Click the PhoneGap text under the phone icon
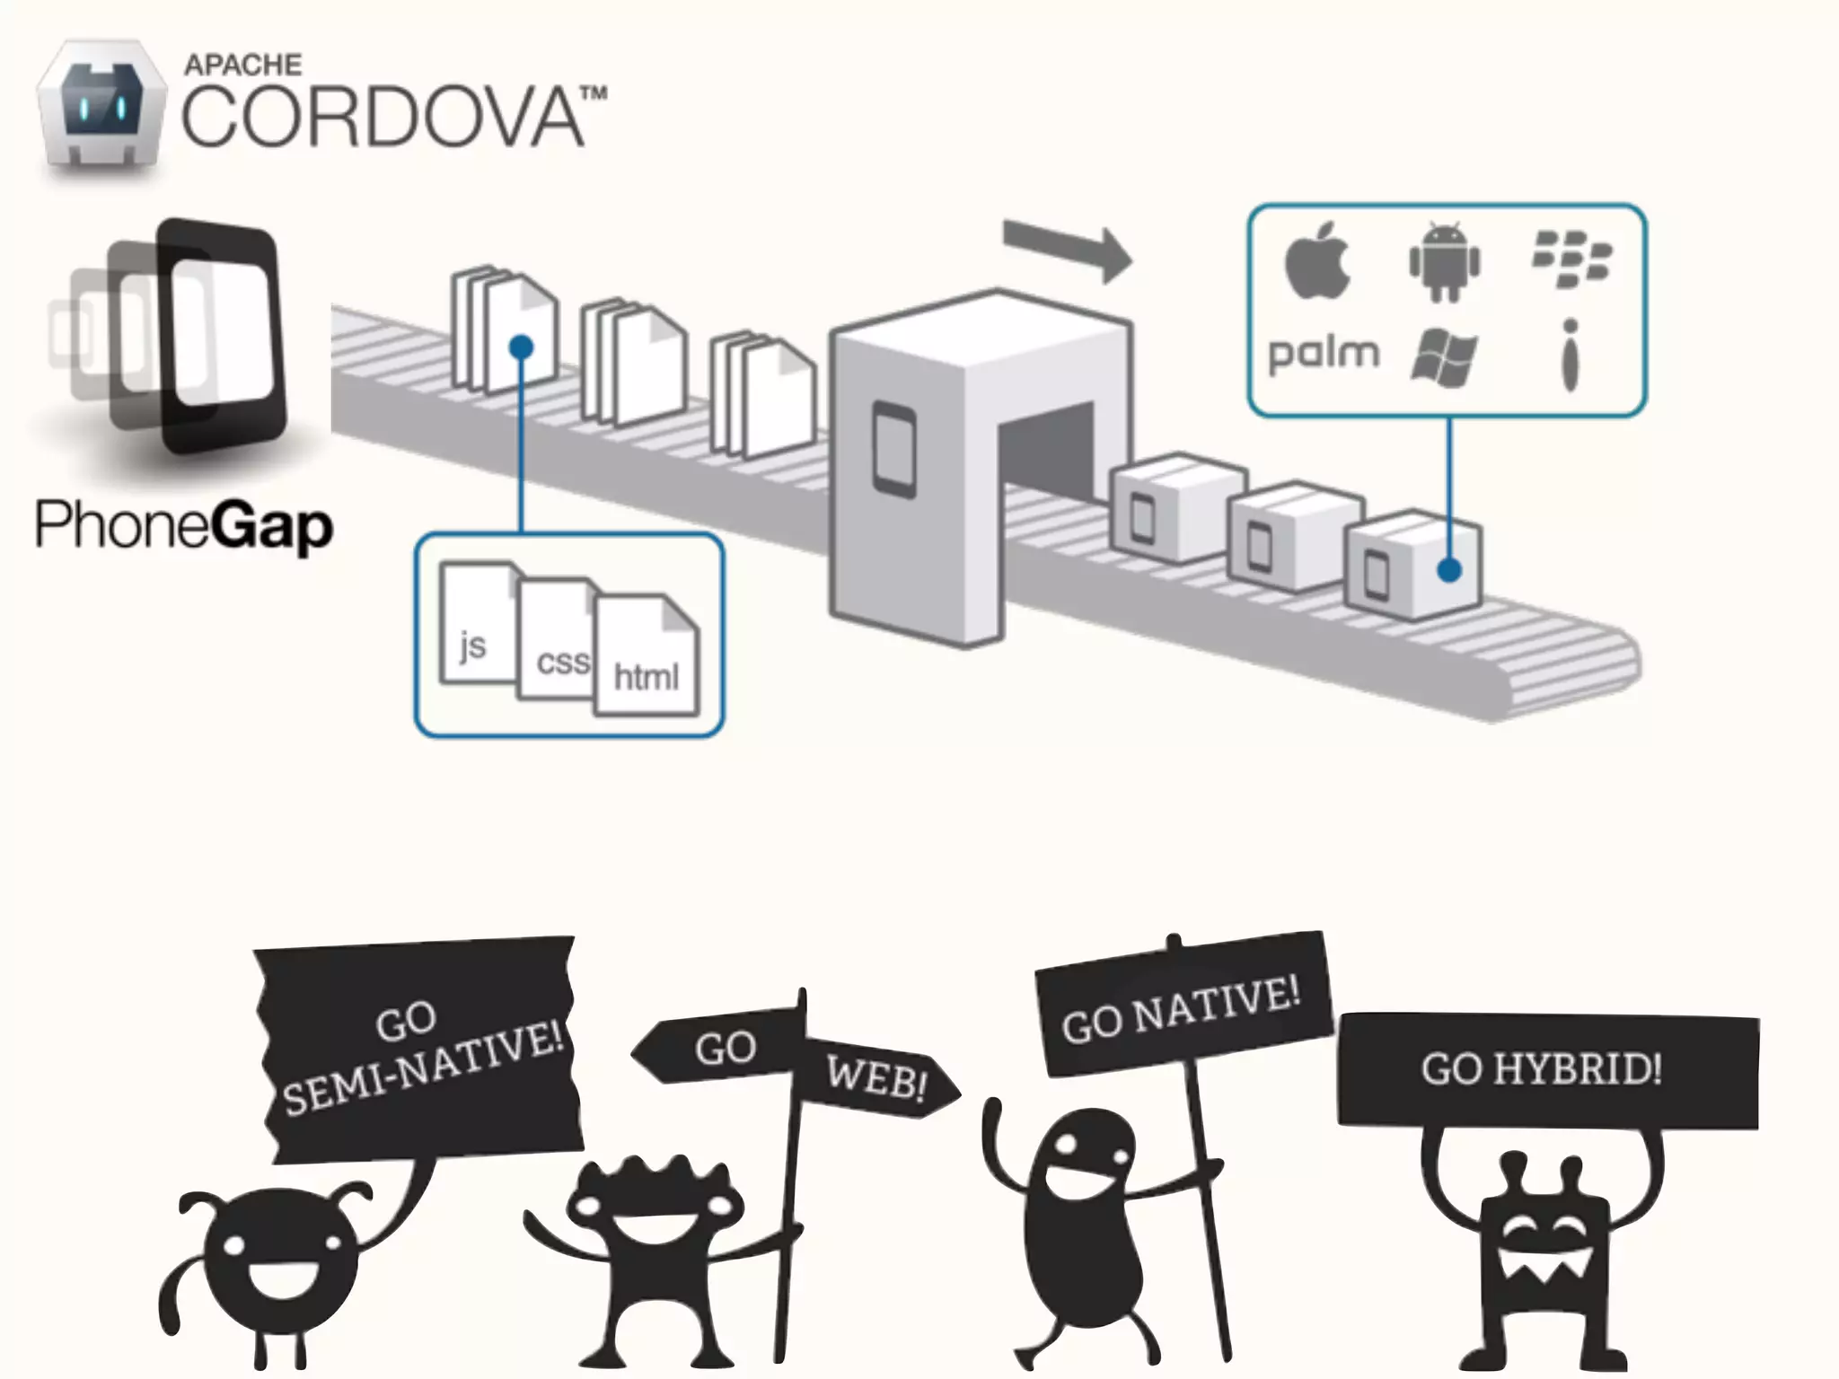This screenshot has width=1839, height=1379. click(x=184, y=526)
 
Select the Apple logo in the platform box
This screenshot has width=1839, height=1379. click(x=1317, y=260)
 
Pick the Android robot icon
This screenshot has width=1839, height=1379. click(x=1444, y=261)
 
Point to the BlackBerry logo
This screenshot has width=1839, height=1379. click(x=1571, y=259)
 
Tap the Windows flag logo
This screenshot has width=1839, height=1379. click(x=1444, y=357)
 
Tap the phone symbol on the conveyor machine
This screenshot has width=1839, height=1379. click(x=895, y=450)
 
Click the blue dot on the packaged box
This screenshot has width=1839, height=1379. click(x=1448, y=570)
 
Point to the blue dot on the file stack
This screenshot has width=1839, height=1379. click(x=521, y=347)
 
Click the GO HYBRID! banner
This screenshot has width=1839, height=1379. click(x=1544, y=1069)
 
